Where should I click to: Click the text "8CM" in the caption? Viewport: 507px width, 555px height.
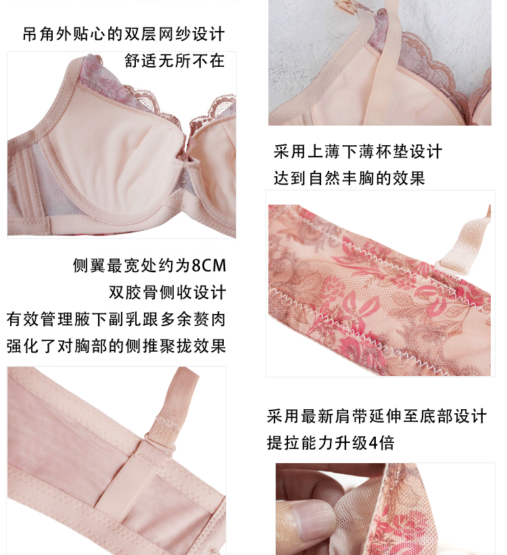tap(208, 266)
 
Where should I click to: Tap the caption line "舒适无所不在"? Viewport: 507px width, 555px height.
tap(174, 61)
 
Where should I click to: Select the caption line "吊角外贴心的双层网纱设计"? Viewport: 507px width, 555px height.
tap(124, 34)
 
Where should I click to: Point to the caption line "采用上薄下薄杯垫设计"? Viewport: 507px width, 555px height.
tap(358, 151)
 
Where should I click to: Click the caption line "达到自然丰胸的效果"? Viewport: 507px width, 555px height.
tap(349, 178)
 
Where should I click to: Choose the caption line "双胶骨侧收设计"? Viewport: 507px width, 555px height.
tap(167, 292)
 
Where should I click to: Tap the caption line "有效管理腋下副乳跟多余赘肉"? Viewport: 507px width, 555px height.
tap(116, 319)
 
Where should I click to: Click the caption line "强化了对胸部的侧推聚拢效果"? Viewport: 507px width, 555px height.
tap(116, 346)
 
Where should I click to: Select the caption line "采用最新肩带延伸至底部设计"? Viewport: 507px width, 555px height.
tap(377, 416)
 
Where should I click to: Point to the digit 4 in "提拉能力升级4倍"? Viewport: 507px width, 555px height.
tap(373, 443)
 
